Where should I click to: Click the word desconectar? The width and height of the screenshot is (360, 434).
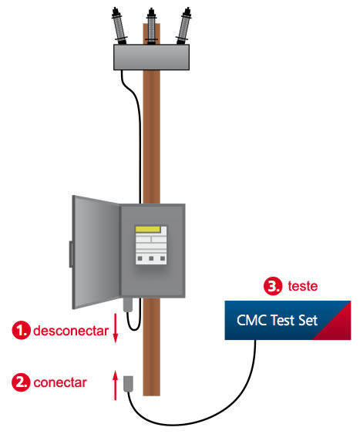point(71,331)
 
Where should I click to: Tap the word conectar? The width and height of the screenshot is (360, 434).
point(60,383)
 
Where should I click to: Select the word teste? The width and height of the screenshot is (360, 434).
point(303,286)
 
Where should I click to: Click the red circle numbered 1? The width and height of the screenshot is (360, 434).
point(21,330)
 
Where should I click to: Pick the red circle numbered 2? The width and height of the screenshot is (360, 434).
point(21,382)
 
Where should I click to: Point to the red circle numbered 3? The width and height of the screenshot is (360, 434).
point(273,286)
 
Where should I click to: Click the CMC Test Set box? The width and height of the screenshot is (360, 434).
point(288,320)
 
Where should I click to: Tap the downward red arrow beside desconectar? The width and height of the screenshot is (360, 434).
point(116,328)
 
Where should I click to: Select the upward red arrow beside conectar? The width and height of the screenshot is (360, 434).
point(116,385)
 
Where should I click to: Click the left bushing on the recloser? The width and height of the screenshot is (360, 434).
point(119,26)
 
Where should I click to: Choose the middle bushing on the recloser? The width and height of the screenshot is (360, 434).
point(151,26)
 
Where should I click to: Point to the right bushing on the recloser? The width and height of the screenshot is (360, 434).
point(183,26)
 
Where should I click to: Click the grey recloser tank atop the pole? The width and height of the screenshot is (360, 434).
point(152,57)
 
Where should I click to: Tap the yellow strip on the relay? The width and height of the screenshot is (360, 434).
point(148,229)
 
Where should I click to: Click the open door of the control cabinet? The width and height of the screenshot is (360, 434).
point(96,252)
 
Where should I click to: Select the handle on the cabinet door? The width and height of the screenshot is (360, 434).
point(71,254)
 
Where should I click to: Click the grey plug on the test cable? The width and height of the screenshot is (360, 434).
point(128,384)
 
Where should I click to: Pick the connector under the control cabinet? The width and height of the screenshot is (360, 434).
point(128,304)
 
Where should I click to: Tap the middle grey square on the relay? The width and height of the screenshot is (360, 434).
point(151,258)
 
